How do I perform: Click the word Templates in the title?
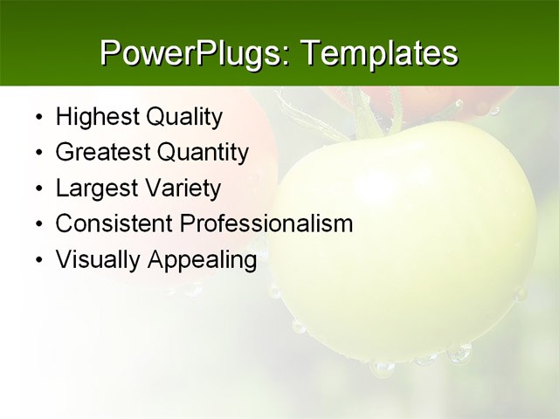click(379, 53)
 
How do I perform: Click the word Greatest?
click(102, 153)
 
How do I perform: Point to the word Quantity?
click(203, 153)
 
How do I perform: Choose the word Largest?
click(95, 189)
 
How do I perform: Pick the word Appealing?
click(202, 259)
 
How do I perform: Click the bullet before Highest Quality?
click(38, 118)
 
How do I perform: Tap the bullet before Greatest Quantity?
click(38, 154)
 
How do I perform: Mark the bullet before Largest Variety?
click(38, 189)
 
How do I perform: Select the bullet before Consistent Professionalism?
click(38, 224)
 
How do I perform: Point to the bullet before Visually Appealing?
click(38, 260)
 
